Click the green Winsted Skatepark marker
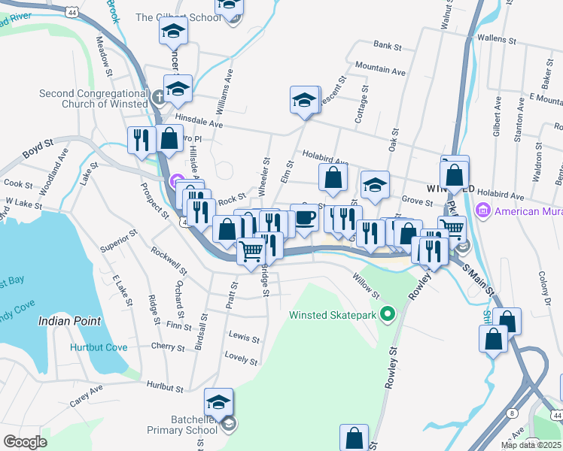(388, 314)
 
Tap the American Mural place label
(527, 211)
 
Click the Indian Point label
(69, 321)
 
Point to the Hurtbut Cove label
(99, 347)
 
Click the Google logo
(25, 442)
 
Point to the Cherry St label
(167, 347)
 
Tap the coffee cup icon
(304, 217)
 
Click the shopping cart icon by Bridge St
(251, 250)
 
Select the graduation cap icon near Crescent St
(303, 100)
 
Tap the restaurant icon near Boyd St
(140, 139)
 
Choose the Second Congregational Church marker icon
(159, 98)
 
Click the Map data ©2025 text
(530, 444)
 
